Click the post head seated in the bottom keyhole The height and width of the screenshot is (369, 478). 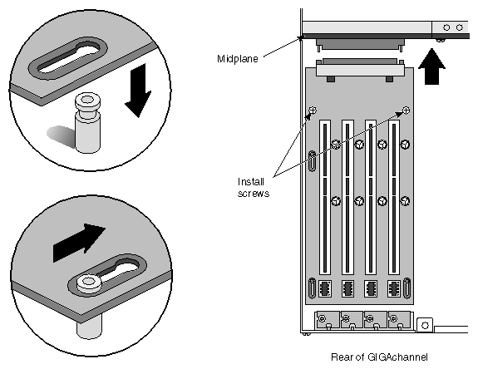(86, 285)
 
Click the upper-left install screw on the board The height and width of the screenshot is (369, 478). (313, 111)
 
